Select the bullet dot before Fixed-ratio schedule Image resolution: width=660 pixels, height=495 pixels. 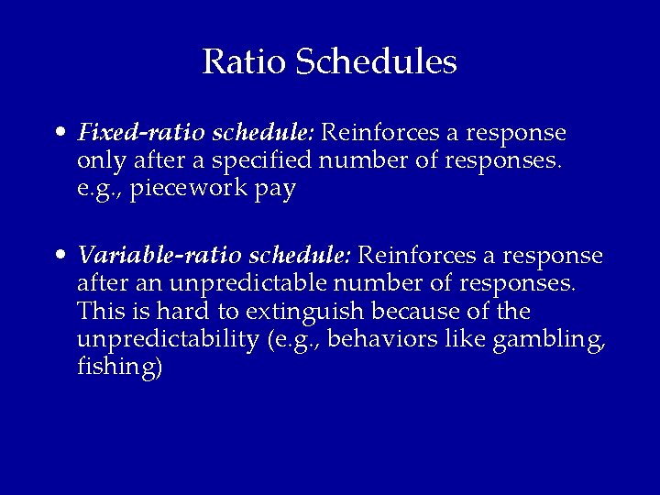point(60,134)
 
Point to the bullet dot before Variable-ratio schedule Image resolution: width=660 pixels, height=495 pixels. point(60,254)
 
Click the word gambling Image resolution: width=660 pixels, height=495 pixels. point(546,341)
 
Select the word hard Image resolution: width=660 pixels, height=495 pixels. point(167,312)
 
